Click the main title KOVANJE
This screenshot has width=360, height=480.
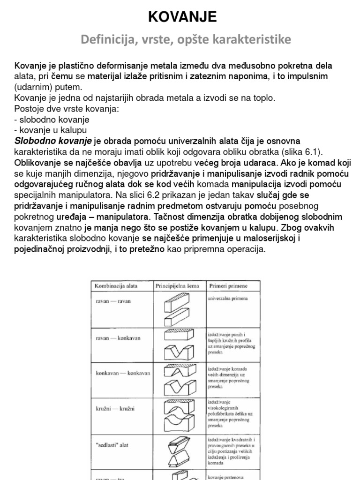[182, 17]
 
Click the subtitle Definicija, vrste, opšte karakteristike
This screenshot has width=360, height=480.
[186, 40]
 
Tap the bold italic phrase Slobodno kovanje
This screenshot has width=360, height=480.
[53, 141]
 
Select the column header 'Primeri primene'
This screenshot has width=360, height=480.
[228, 285]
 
